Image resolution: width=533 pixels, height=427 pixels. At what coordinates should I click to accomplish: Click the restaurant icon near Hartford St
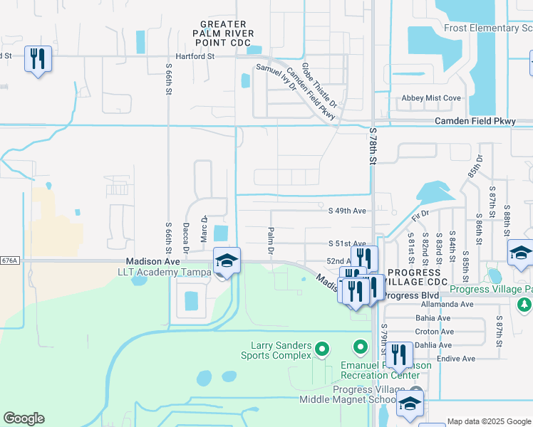[38, 58]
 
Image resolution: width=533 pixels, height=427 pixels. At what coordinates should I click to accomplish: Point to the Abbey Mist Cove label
[431, 98]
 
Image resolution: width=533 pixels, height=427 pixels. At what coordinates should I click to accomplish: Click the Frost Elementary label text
[487, 28]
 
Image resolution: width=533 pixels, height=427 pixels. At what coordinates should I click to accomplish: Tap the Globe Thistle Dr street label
[319, 85]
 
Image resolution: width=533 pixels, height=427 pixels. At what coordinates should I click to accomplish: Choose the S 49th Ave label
[346, 211]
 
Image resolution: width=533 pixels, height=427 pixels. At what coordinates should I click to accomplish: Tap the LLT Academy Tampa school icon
[227, 260]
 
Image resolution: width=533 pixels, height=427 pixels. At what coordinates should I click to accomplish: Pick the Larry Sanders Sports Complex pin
[322, 349]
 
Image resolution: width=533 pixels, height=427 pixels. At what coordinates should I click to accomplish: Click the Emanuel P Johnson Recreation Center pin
[361, 347]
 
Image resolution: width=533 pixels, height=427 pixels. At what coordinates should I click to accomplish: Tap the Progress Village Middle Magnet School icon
[410, 403]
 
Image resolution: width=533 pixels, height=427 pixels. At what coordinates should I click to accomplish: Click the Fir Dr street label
[419, 213]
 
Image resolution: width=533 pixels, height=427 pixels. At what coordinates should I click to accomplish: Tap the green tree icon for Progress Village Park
[525, 305]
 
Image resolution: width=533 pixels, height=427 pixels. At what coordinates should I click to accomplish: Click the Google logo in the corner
[24, 418]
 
